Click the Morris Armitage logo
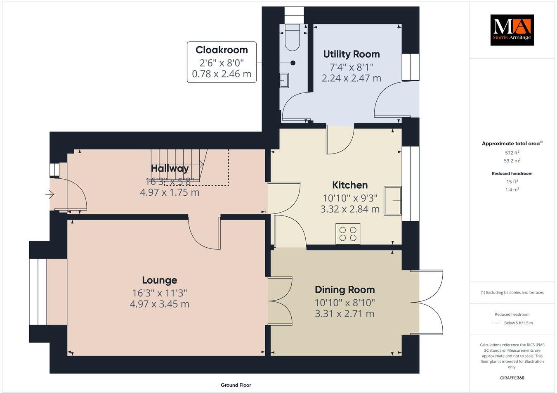[x=512, y=30]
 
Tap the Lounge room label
[x=159, y=280]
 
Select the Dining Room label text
[x=345, y=289]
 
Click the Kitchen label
[x=350, y=185]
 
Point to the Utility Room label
[x=351, y=54]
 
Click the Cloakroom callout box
[x=222, y=62]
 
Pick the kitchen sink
[x=392, y=201]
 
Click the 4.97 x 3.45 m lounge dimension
[x=159, y=304]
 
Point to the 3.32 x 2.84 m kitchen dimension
[x=350, y=209]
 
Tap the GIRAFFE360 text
[x=512, y=378]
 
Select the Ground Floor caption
[x=236, y=385]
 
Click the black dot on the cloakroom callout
[x=293, y=63]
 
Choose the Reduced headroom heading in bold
[x=512, y=173]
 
